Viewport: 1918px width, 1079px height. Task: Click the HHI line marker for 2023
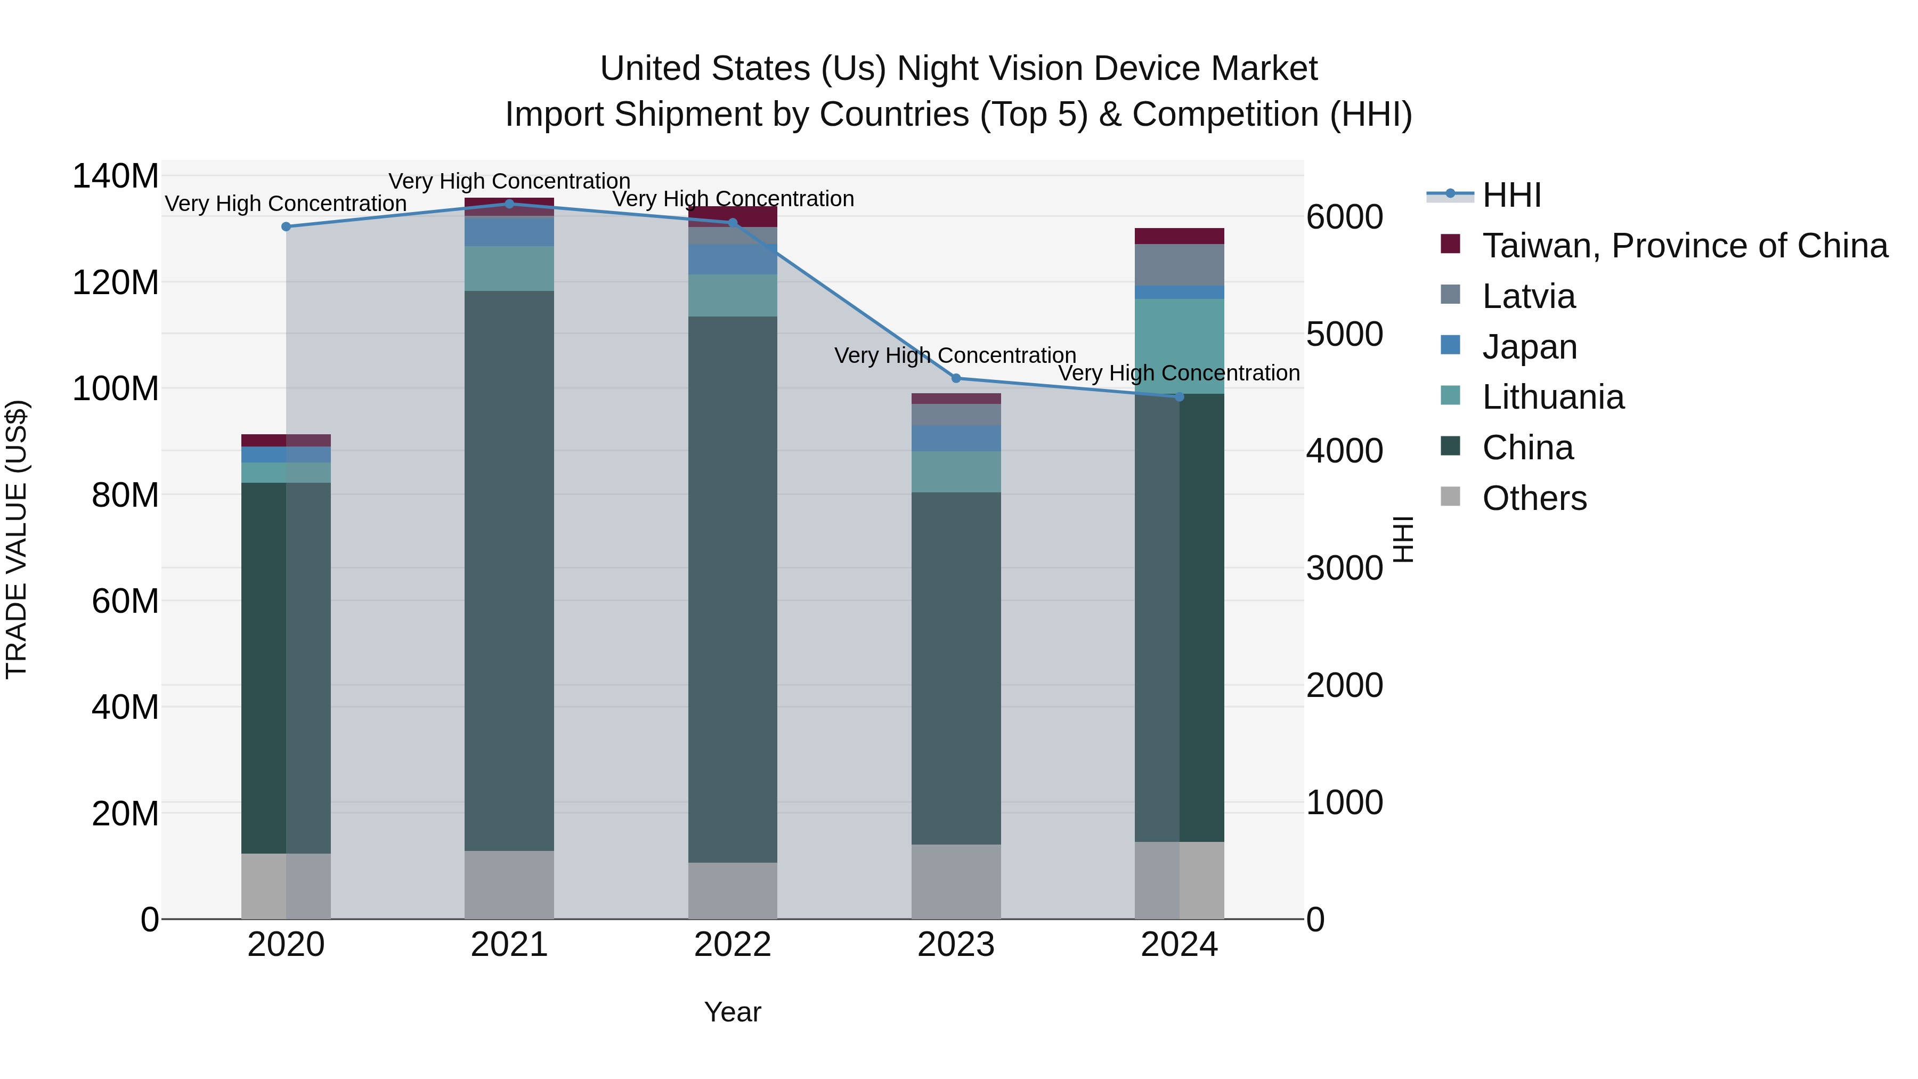[x=956, y=378]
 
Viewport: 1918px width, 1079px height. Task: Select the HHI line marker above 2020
[x=286, y=226]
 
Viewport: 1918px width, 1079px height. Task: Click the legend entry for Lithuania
[x=1553, y=397]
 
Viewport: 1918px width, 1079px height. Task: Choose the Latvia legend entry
[x=1528, y=296]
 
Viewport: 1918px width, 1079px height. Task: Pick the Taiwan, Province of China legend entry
[x=1684, y=246]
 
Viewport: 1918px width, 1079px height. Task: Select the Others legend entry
[x=1534, y=498]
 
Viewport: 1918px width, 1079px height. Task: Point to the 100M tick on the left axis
[x=116, y=389]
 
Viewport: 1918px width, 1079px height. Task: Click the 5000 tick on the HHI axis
[x=1344, y=334]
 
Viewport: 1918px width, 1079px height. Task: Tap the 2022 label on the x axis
[x=733, y=945]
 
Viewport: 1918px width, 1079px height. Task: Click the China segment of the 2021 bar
[x=509, y=570]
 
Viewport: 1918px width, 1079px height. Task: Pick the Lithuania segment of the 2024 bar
[x=1180, y=346]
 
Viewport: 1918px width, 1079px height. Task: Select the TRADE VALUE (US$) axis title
[x=17, y=539]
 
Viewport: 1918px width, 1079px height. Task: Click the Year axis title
[x=733, y=1012]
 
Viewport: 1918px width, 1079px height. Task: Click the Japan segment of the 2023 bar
[x=956, y=438]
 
